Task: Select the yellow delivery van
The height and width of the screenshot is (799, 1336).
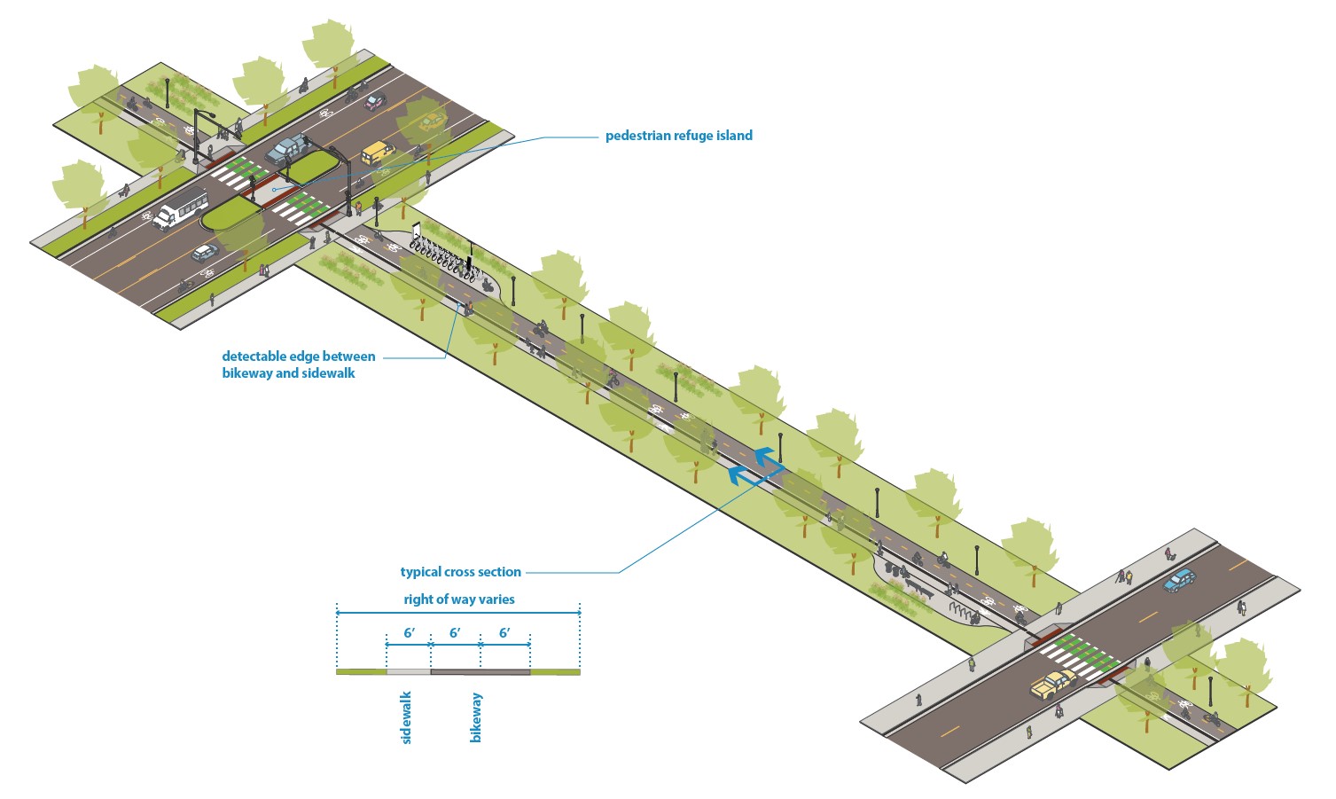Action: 378,152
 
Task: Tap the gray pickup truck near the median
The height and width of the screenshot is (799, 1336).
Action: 285,151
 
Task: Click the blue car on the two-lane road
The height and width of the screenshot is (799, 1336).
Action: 1180,580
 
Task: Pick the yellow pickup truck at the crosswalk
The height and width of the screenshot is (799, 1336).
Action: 1053,683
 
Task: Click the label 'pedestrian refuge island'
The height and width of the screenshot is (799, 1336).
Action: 678,136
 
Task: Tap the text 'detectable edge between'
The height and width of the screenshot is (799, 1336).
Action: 299,356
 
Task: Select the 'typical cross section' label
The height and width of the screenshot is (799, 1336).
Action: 460,572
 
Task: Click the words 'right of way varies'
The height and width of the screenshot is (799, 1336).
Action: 458,599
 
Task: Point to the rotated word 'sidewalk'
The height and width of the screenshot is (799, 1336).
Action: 407,717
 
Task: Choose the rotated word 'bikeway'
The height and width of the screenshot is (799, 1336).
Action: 476,717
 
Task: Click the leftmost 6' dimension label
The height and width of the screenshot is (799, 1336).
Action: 410,633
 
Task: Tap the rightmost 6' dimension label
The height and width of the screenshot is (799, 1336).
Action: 504,633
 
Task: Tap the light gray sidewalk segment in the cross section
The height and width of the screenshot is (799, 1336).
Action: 409,672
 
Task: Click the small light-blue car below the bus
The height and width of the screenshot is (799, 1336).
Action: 205,252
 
